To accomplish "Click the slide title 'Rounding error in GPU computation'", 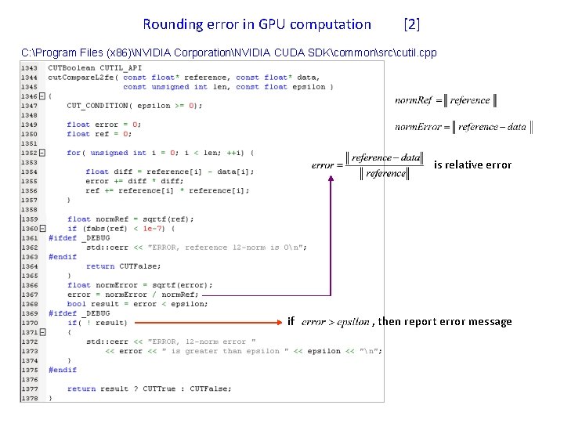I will pos(257,24).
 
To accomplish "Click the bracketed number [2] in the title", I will pos(411,24).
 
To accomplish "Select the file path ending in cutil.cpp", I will pos(229,52).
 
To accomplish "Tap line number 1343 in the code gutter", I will pos(29,68).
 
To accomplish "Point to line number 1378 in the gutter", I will pos(29,398).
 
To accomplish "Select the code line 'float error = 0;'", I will pos(103,125).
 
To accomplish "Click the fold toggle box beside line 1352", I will pos(42,153).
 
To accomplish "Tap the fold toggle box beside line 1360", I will pos(42,228).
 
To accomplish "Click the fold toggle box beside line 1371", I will pos(42,332).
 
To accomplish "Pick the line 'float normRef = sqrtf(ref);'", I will pos(130,219).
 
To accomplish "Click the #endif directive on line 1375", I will pos(63,370).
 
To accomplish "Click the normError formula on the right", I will pos(464,126).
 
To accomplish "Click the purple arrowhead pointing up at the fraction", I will pos(331,179).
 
